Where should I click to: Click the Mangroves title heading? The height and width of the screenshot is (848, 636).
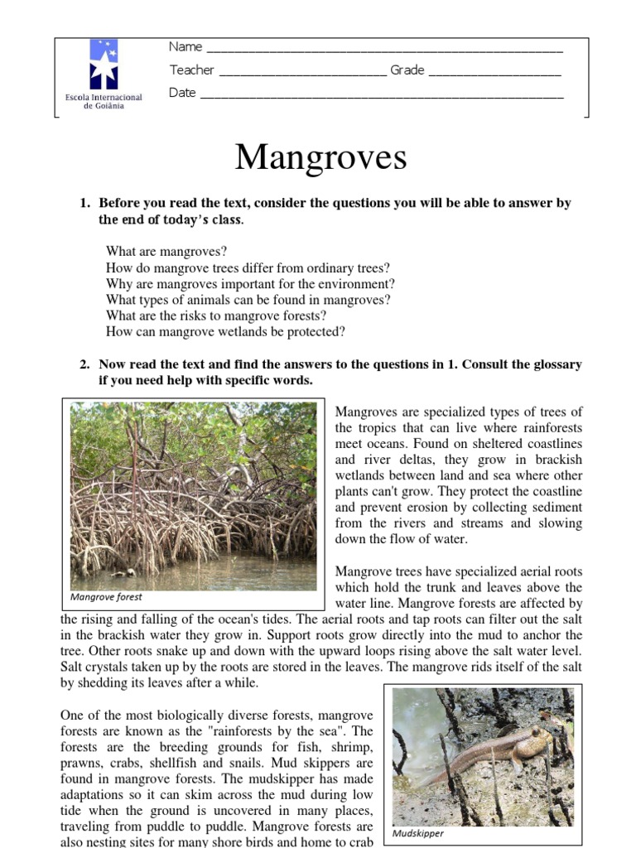tap(320, 157)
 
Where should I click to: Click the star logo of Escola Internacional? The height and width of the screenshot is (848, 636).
tap(104, 64)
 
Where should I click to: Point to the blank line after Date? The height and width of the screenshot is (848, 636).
tap(382, 95)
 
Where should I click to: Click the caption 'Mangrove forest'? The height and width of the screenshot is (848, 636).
tap(106, 596)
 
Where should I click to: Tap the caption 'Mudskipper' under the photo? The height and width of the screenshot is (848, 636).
tap(418, 833)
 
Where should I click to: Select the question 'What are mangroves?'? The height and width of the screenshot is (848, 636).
tap(166, 252)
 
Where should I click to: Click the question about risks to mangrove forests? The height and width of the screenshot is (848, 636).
tap(216, 316)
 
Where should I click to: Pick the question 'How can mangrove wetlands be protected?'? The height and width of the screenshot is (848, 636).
tap(225, 332)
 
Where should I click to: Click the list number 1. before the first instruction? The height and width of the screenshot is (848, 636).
tap(84, 203)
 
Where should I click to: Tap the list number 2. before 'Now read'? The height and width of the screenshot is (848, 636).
tap(84, 364)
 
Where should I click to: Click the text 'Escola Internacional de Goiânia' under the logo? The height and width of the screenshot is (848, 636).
tap(104, 102)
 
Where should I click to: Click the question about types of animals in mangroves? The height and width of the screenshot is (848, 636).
tap(248, 300)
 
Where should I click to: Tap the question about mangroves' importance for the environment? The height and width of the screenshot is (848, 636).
tap(250, 284)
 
